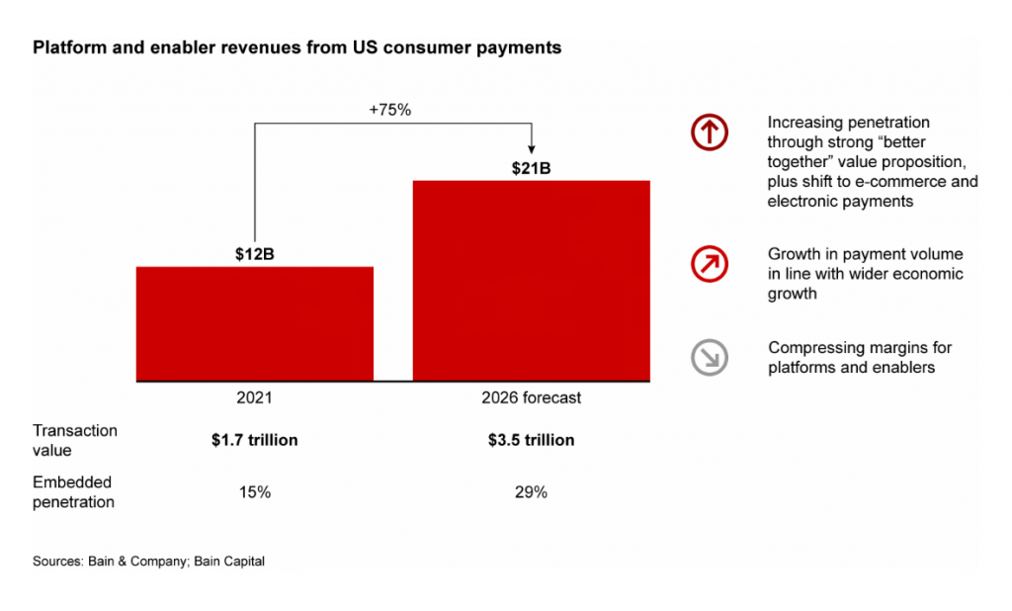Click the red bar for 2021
click(254, 323)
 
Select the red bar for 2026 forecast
click(531, 281)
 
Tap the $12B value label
click(254, 254)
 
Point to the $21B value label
click(531, 169)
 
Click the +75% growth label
click(389, 110)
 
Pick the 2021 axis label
click(254, 397)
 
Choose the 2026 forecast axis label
click(531, 397)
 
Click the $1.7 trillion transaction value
click(255, 440)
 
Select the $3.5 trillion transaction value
click(531, 440)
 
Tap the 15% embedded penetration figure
click(255, 492)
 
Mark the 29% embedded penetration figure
click(531, 492)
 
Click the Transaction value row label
click(75, 441)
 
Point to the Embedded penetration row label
click(73, 492)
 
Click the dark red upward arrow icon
click(710, 132)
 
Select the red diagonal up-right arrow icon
click(710, 264)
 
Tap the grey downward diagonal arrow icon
click(710, 357)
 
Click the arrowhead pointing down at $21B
click(531, 149)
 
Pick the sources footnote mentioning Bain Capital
click(148, 562)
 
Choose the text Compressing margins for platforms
click(860, 357)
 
